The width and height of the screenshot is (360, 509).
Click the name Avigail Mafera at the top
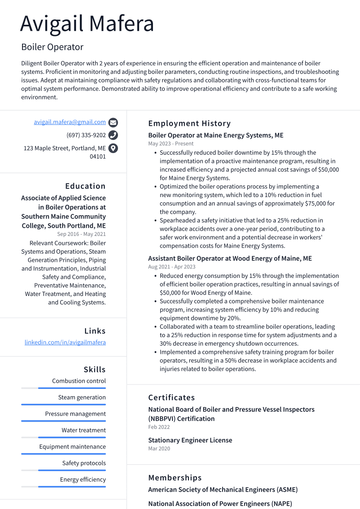[x=87, y=24]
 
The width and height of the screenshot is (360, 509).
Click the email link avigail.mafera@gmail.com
[x=70, y=122]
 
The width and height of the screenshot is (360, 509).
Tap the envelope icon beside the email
[x=113, y=122]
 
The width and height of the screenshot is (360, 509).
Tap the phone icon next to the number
[x=113, y=135]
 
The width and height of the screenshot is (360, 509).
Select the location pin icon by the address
[x=113, y=148]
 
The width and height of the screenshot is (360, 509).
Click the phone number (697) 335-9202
[x=86, y=135]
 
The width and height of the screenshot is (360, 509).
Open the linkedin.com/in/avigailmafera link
[x=65, y=342]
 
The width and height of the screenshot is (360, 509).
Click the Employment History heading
[x=189, y=124]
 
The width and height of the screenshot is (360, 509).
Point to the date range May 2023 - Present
[x=171, y=143]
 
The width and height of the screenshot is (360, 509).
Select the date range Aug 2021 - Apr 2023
[x=172, y=267]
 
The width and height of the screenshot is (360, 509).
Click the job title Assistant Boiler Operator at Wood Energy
[x=229, y=258]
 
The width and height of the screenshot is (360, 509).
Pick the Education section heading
[x=85, y=186]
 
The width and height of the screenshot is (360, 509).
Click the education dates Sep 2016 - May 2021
[x=81, y=234]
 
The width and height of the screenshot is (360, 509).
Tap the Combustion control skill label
[x=79, y=381]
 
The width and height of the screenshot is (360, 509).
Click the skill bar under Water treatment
[x=64, y=437]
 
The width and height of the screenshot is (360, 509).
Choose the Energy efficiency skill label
[x=83, y=480]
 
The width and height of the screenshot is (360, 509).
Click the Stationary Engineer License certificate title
[x=190, y=440]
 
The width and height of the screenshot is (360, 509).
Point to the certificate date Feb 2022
[x=159, y=427]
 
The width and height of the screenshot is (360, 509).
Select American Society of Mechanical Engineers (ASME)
[x=223, y=490]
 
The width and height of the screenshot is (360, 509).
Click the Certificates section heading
[x=172, y=398]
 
